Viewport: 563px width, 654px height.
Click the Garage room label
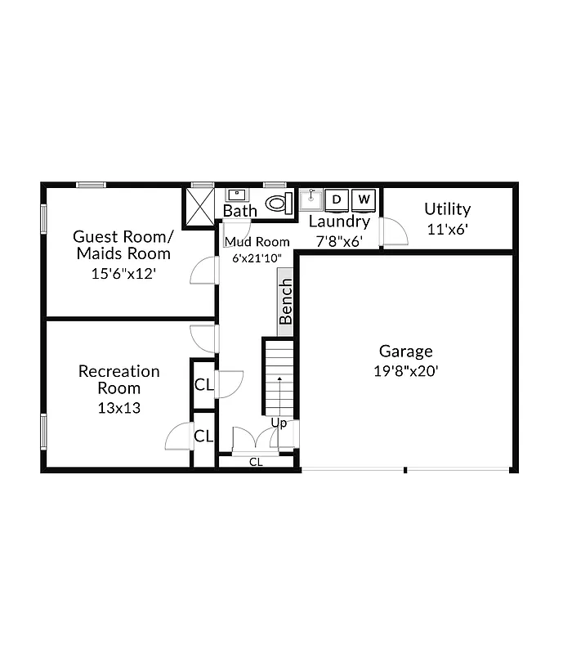coord(405,352)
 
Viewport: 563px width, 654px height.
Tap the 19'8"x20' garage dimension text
coord(405,370)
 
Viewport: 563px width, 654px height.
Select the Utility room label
coord(447,209)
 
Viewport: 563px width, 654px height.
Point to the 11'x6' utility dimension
coord(447,230)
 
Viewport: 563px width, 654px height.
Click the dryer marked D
coord(337,199)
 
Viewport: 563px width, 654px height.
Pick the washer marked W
coord(364,199)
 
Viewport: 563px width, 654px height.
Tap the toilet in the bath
coord(278,203)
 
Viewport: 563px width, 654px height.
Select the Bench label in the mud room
coord(286,302)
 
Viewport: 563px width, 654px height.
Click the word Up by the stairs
coord(279,423)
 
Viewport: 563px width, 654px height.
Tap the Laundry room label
coord(339,222)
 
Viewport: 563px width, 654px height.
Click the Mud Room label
coord(257,242)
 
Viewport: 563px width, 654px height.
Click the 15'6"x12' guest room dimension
coord(123,275)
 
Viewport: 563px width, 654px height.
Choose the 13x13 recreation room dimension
coord(118,407)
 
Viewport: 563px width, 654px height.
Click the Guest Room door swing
coord(203,270)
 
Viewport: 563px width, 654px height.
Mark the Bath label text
coord(240,211)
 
